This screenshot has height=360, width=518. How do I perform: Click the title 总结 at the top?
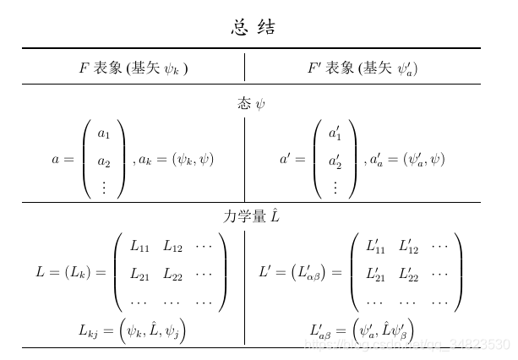[x=254, y=27]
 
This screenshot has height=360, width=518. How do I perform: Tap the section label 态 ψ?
[x=252, y=104]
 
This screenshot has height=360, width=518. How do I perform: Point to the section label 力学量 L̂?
[x=251, y=216]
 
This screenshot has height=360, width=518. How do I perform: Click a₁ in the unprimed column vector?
[x=104, y=134]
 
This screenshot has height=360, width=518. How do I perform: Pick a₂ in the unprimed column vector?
[x=104, y=161]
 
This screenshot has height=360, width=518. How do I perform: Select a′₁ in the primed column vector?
[x=335, y=134]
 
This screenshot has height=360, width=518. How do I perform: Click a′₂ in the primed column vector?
[x=335, y=161]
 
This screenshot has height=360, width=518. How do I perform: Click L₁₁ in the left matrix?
[x=139, y=247]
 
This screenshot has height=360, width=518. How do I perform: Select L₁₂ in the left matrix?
[x=172, y=247]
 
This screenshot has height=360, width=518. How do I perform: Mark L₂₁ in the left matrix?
[x=139, y=274]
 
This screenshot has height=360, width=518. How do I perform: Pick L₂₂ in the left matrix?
[x=172, y=274]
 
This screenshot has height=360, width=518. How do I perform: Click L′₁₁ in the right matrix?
[x=375, y=246]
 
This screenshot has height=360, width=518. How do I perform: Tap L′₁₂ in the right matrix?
[x=408, y=246]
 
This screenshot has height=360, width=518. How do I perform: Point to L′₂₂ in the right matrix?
[x=408, y=273]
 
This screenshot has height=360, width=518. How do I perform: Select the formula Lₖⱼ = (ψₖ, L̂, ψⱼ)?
[x=132, y=330]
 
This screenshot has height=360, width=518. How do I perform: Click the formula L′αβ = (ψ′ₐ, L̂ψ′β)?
[x=362, y=330]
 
